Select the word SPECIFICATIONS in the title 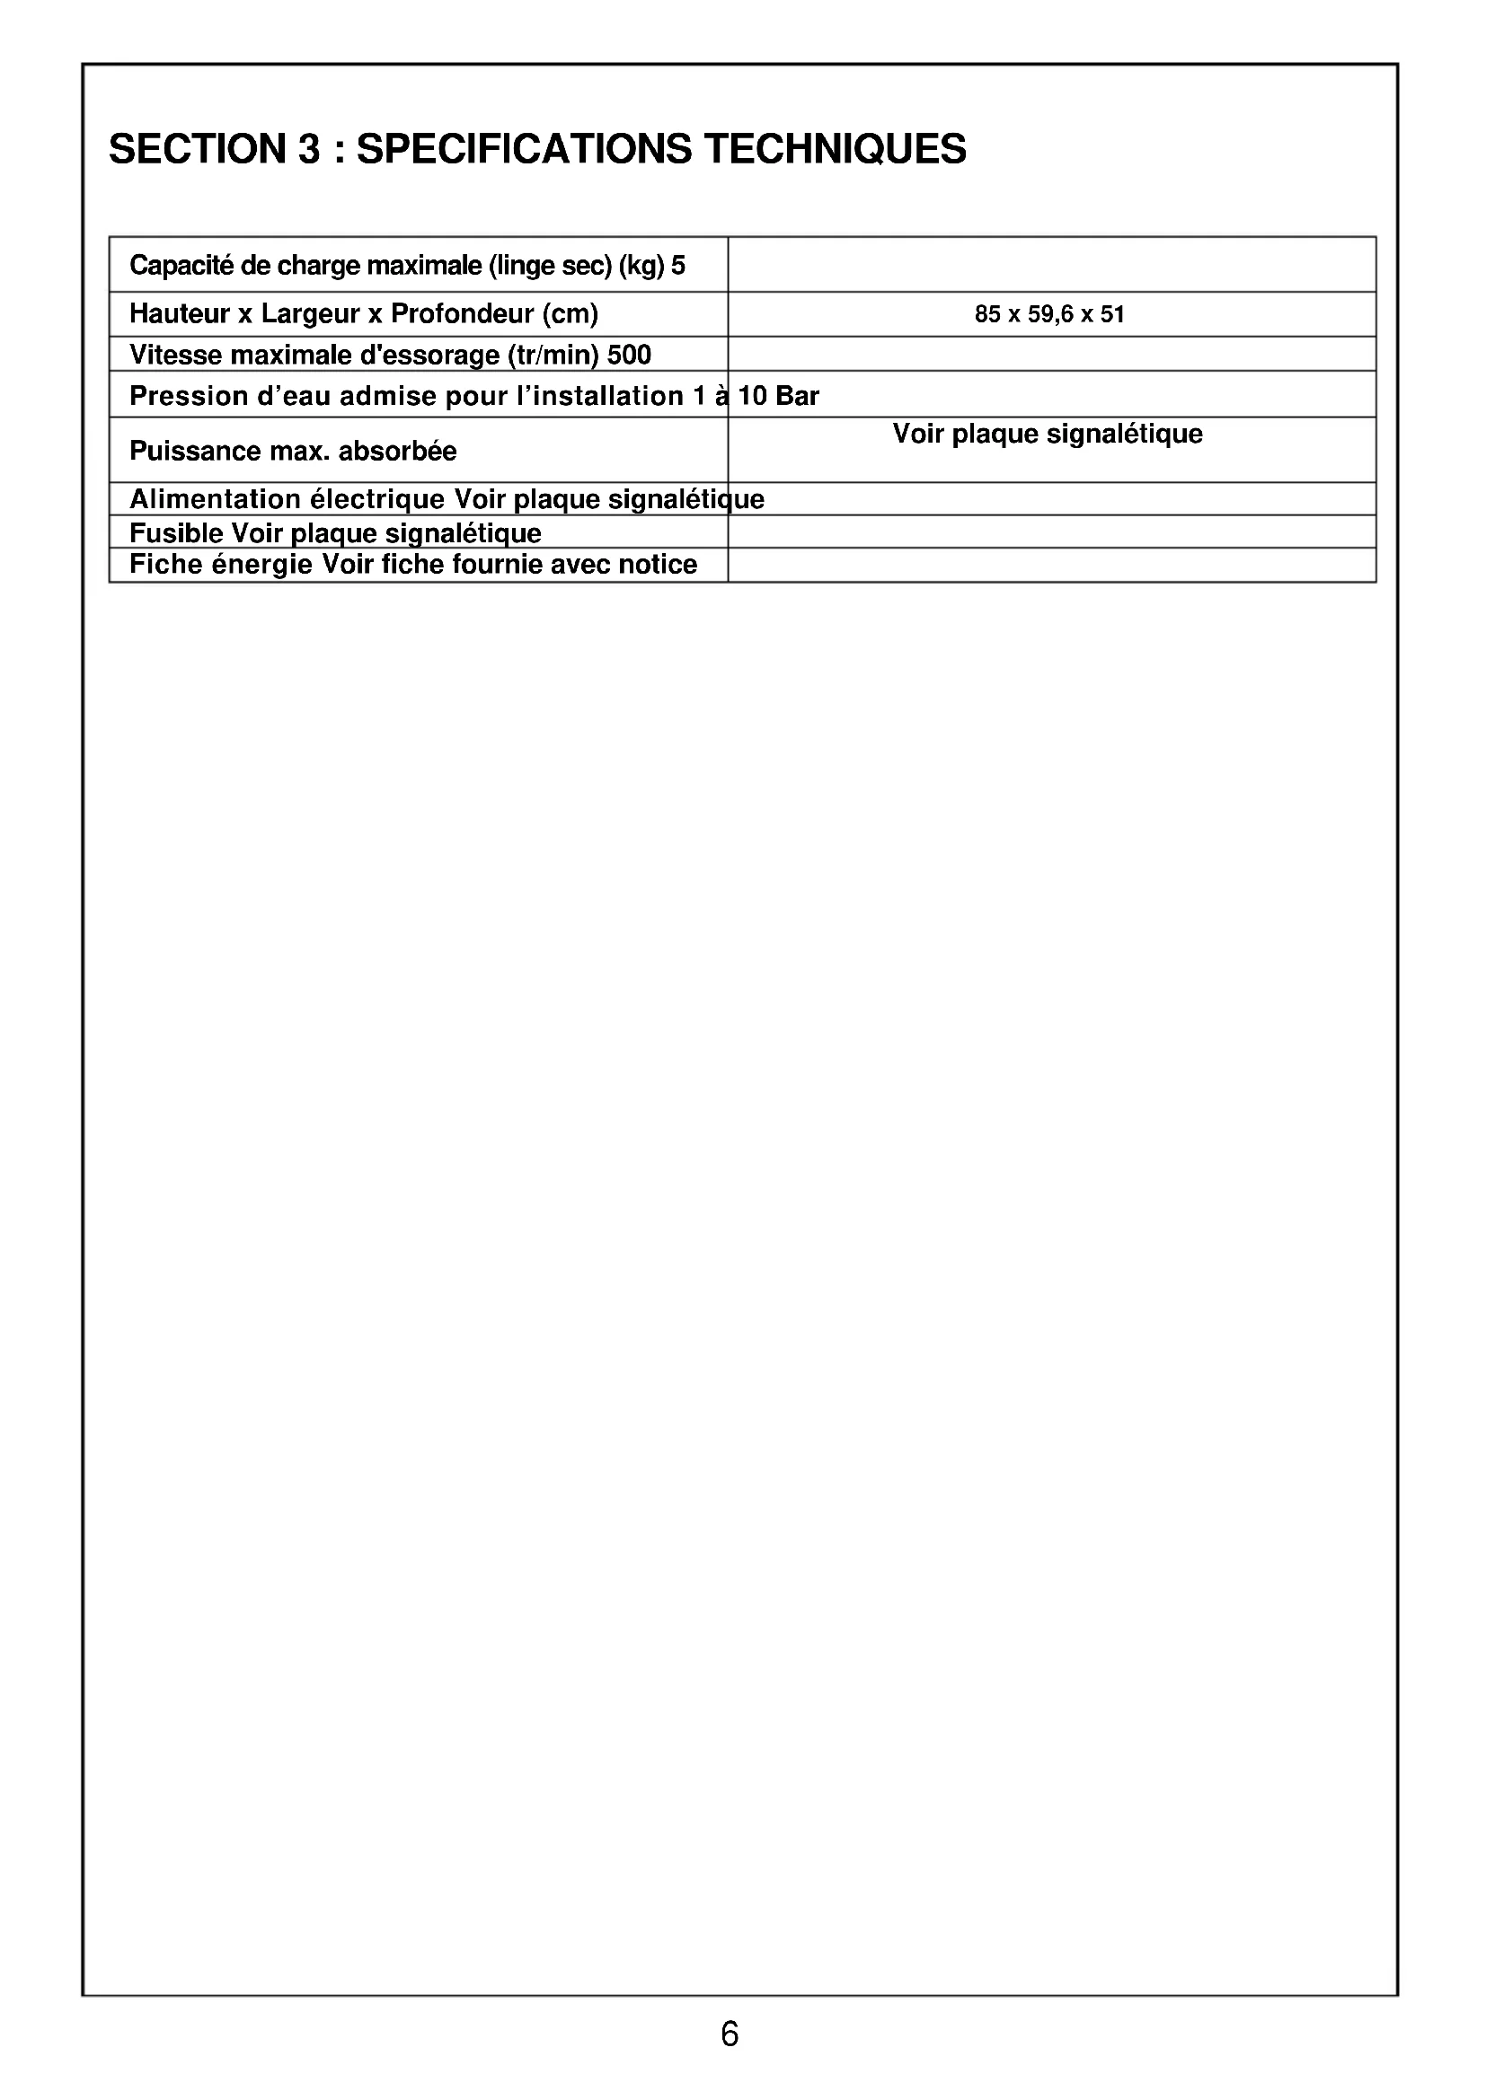[524, 149]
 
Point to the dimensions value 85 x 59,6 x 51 [1048, 314]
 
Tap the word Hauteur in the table [180, 313]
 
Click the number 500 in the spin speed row [630, 355]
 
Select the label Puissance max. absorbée [293, 451]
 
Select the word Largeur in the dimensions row [309, 313]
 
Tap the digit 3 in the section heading [308, 149]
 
